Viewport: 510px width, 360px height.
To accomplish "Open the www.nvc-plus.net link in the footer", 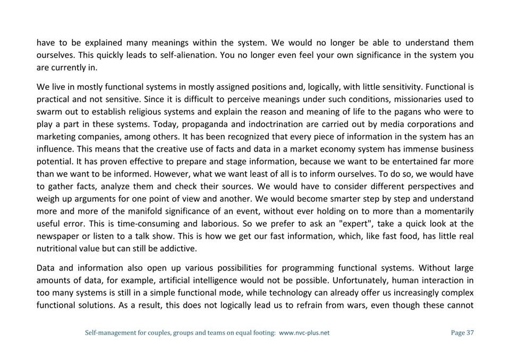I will pyautogui.click(x=304, y=333).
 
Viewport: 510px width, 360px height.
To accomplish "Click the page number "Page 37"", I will pyautogui.click(x=462, y=333).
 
